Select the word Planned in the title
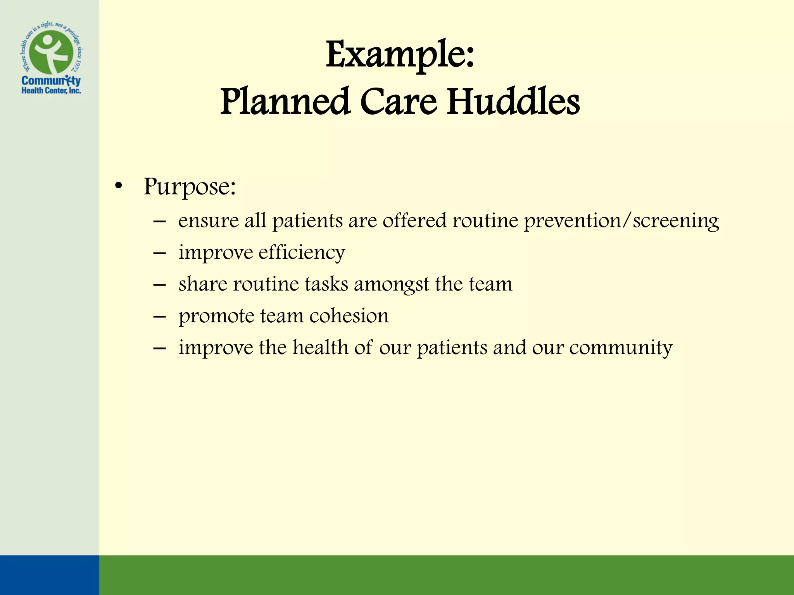(285, 101)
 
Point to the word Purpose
(189, 187)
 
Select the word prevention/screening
(621, 221)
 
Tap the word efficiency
(301, 253)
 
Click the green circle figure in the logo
(51, 53)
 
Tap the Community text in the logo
(51, 81)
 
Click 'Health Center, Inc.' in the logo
(51, 91)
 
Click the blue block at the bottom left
(49, 575)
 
